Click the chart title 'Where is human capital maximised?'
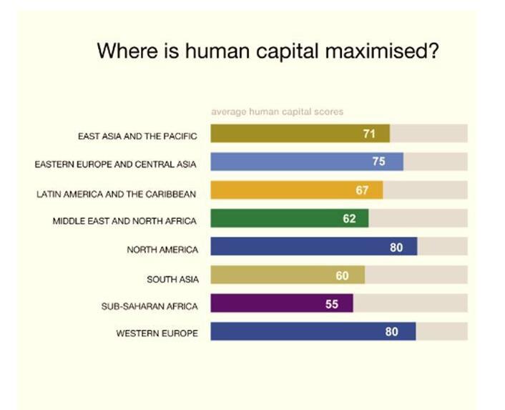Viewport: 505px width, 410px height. click(x=268, y=52)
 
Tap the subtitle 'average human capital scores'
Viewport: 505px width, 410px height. click(x=278, y=112)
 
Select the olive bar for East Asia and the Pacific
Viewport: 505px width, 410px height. click(x=300, y=133)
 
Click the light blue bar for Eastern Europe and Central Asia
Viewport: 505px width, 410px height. click(x=307, y=162)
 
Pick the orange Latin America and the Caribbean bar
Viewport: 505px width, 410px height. click(x=297, y=190)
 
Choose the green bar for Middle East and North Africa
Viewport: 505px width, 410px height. click(x=290, y=218)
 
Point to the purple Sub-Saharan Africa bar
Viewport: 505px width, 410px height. click(x=282, y=303)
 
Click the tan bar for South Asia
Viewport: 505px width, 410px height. click(x=288, y=275)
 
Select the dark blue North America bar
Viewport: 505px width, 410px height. click(x=314, y=246)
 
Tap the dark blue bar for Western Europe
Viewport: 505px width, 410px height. click(x=313, y=331)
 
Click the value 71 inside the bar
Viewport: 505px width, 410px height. click(x=369, y=134)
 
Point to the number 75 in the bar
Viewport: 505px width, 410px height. click(x=379, y=162)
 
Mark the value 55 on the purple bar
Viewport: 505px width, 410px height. click(x=332, y=304)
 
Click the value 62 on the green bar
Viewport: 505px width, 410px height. click(x=349, y=219)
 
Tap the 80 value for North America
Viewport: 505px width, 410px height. click(x=396, y=248)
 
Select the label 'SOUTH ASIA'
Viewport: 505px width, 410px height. click(x=172, y=279)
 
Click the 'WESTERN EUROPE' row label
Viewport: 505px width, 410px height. click(x=157, y=333)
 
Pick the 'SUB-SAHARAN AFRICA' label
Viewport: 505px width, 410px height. click(x=149, y=306)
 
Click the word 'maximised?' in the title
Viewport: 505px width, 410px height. click(x=382, y=52)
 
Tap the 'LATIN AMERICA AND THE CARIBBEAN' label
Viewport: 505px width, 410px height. click(x=117, y=194)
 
